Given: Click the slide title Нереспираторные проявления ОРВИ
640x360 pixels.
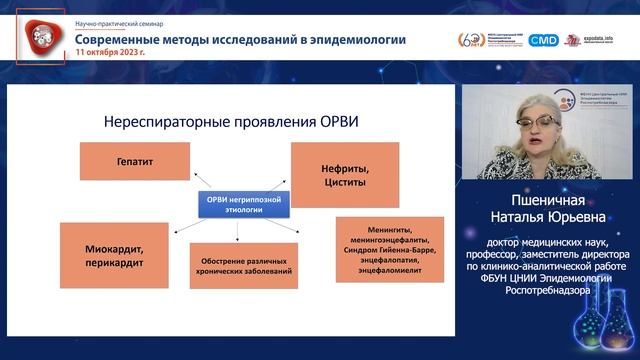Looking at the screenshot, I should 231,122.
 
